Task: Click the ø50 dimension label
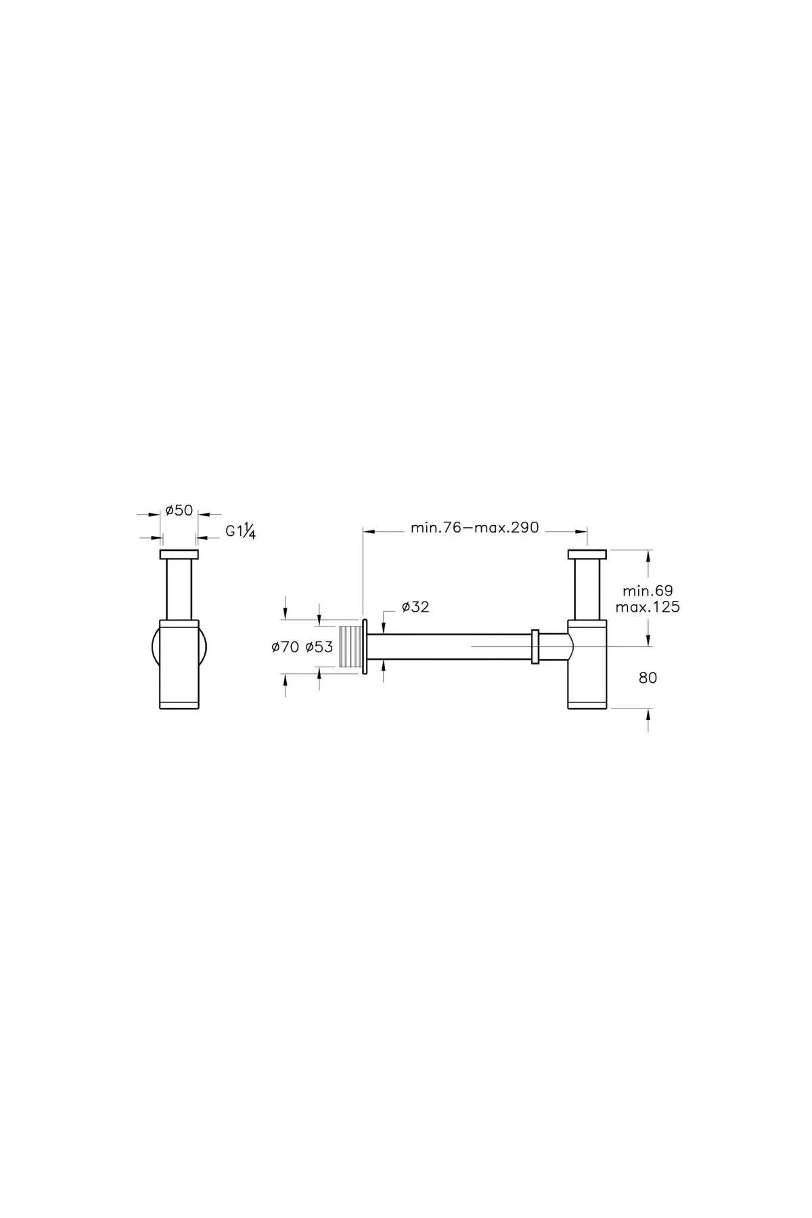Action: [179, 511]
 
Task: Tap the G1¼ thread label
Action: [240, 532]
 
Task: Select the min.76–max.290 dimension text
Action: [474, 528]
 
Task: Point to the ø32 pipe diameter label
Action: [415, 607]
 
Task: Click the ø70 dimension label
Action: [285, 648]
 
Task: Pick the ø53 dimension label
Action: [319, 648]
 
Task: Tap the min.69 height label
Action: [644, 591]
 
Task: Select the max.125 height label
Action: [648, 607]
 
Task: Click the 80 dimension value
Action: [648, 677]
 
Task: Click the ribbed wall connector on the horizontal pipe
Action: [350, 648]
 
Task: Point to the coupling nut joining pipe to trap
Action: [535, 647]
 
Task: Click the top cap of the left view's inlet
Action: [179, 555]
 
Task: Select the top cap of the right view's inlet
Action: [588, 555]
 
